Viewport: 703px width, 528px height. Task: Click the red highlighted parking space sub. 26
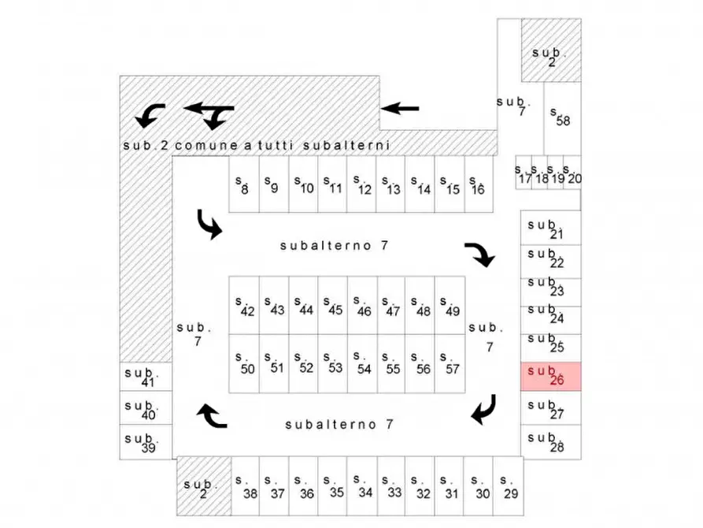550,376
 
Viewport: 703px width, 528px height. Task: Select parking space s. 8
244,184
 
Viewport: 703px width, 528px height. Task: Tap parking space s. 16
479,184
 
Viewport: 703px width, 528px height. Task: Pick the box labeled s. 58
562,118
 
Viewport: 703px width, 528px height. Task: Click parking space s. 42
244,305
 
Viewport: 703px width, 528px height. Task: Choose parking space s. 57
450,363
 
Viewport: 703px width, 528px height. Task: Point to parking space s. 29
508,486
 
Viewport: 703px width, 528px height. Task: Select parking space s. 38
246,486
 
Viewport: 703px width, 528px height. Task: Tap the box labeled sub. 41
146,376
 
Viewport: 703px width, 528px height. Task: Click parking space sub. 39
146,442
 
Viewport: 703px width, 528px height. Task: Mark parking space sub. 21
550,228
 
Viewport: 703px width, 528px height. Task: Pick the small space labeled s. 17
524,173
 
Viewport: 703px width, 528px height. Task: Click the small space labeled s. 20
572,173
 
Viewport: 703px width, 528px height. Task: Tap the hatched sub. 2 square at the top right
551,50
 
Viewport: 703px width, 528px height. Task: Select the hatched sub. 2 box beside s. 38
204,486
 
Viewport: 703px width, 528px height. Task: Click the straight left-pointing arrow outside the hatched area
399,108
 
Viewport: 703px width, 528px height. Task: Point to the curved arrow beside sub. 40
212,416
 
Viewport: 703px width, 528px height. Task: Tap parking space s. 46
362,305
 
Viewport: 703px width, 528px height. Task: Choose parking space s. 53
333,363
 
